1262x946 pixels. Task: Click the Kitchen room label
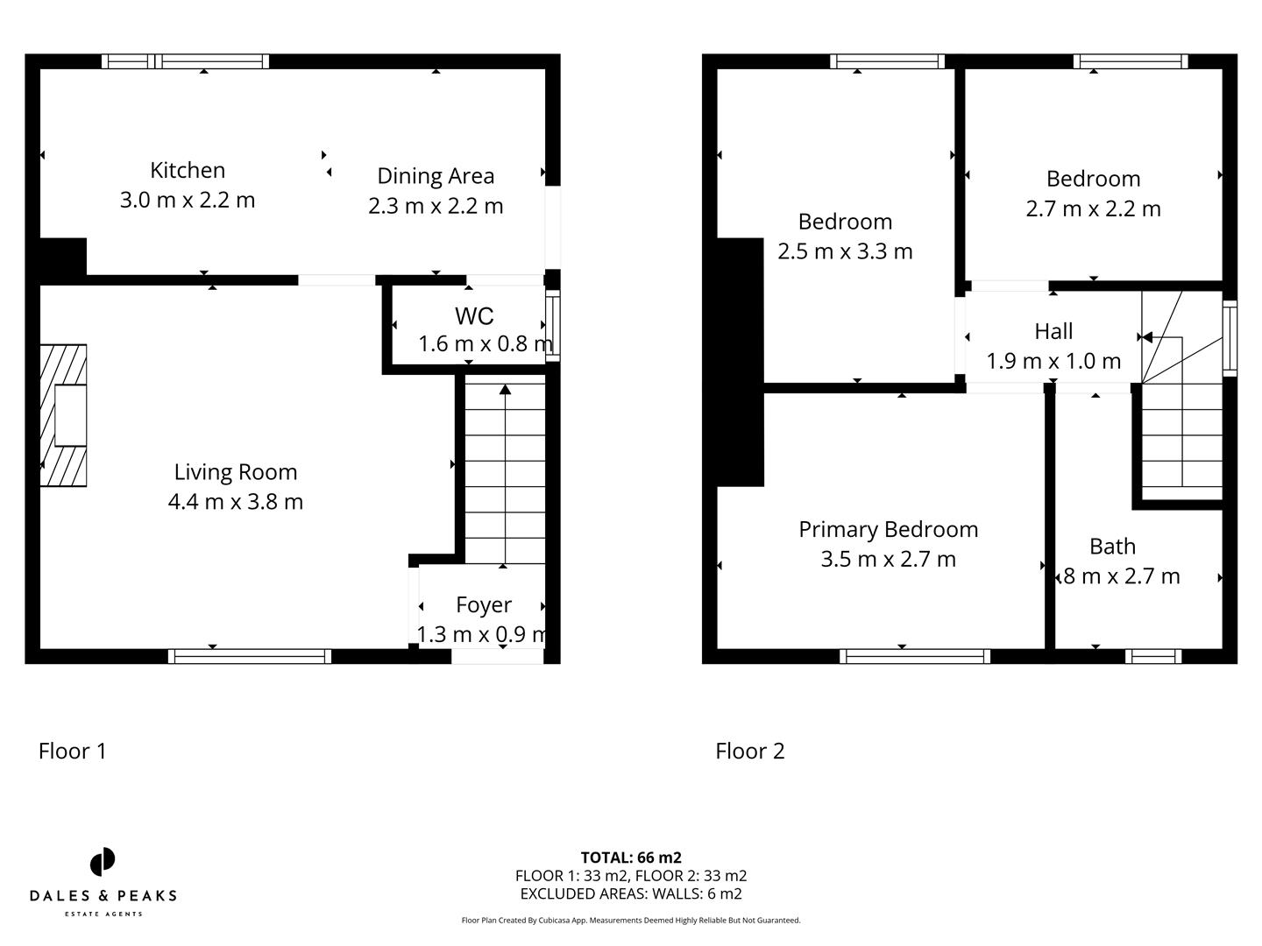click(x=188, y=170)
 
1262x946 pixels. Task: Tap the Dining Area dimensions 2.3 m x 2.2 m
click(x=436, y=206)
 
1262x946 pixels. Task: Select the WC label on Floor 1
click(x=473, y=315)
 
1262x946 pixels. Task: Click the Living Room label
click(x=236, y=472)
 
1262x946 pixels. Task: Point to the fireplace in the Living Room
click(x=64, y=415)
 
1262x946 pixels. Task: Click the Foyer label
click(x=484, y=604)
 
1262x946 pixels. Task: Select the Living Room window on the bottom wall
click(x=250, y=656)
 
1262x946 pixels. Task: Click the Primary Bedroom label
click(x=888, y=529)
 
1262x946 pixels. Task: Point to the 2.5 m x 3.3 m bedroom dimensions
click(x=845, y=251)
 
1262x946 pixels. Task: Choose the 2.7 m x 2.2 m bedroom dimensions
click(x=1093, y=208)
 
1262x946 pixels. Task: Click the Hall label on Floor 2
click(x=1053, y=331)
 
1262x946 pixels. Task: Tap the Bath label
click(x=1112, y=547)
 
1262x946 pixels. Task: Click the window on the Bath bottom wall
click(x=1153, y=656)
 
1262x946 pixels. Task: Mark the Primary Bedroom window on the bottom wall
click(x=914, y=656)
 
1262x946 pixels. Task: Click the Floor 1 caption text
click(x=73, y=751)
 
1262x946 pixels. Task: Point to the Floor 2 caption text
click(x=750, y=751)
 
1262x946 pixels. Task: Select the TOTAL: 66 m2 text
click(x=631, y=858)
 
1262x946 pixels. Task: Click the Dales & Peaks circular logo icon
click(x=103, y=862)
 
